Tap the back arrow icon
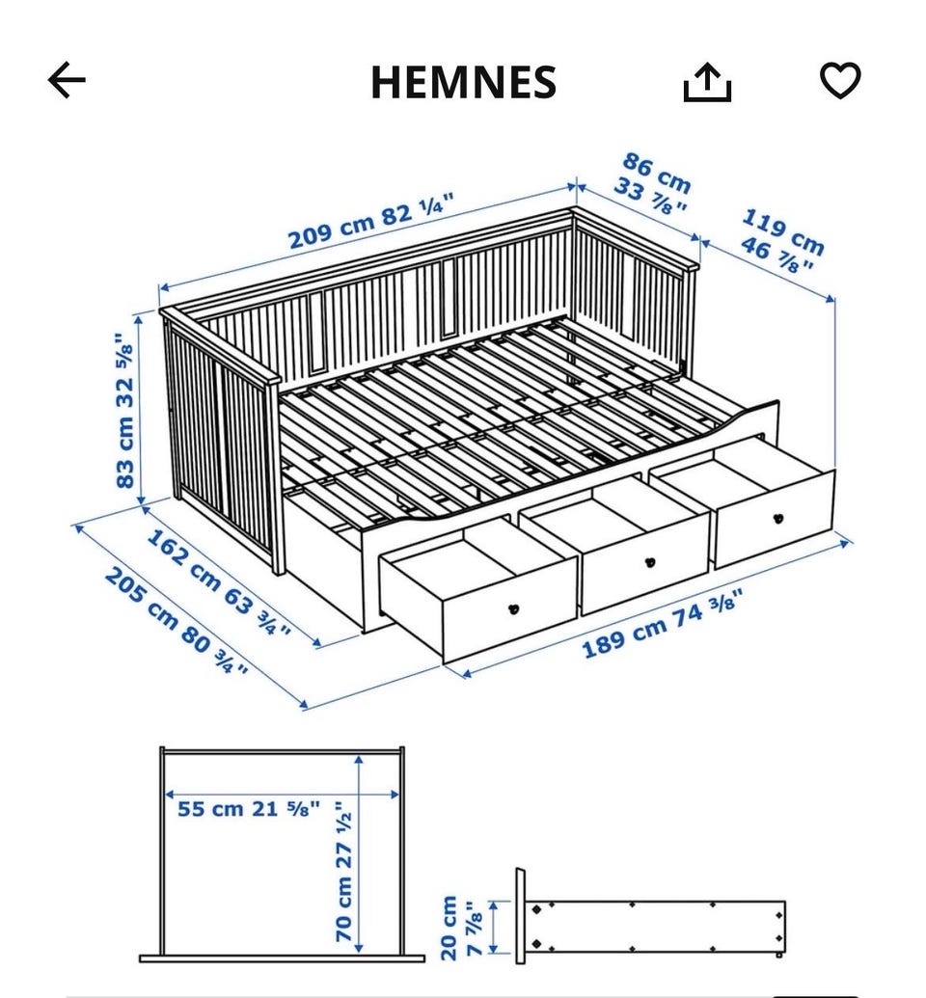(67, 80)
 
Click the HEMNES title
(464, 82)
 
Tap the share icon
(707, 81)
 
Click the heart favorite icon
(840, 80)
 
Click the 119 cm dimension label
(782, 241)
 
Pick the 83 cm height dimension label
(124, 411)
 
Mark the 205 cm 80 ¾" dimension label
(176, 621)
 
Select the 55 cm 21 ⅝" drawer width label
(249, 809)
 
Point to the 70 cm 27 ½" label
(344, 871)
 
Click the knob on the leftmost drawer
(514, 609)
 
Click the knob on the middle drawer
(649, 563)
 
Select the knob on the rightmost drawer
(778, 519)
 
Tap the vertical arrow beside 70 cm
(360, 853)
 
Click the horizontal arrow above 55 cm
(282, 795)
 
